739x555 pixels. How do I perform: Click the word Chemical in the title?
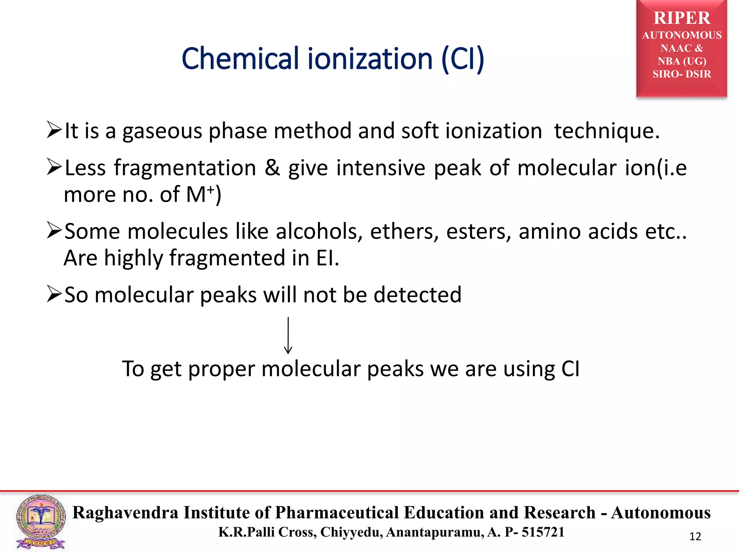(240, 59)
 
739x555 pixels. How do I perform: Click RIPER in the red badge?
(682, 18)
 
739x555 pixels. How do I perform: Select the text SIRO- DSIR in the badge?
(682, 74)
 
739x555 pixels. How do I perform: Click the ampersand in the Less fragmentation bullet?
(272, 168)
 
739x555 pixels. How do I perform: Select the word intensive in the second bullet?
(381, 168)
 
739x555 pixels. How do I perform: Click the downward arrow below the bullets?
(288, 335)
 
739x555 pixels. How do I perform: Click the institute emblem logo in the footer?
(41, 522)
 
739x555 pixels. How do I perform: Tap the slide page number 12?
(695, 537)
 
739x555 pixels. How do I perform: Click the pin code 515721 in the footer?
(543, 532)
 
